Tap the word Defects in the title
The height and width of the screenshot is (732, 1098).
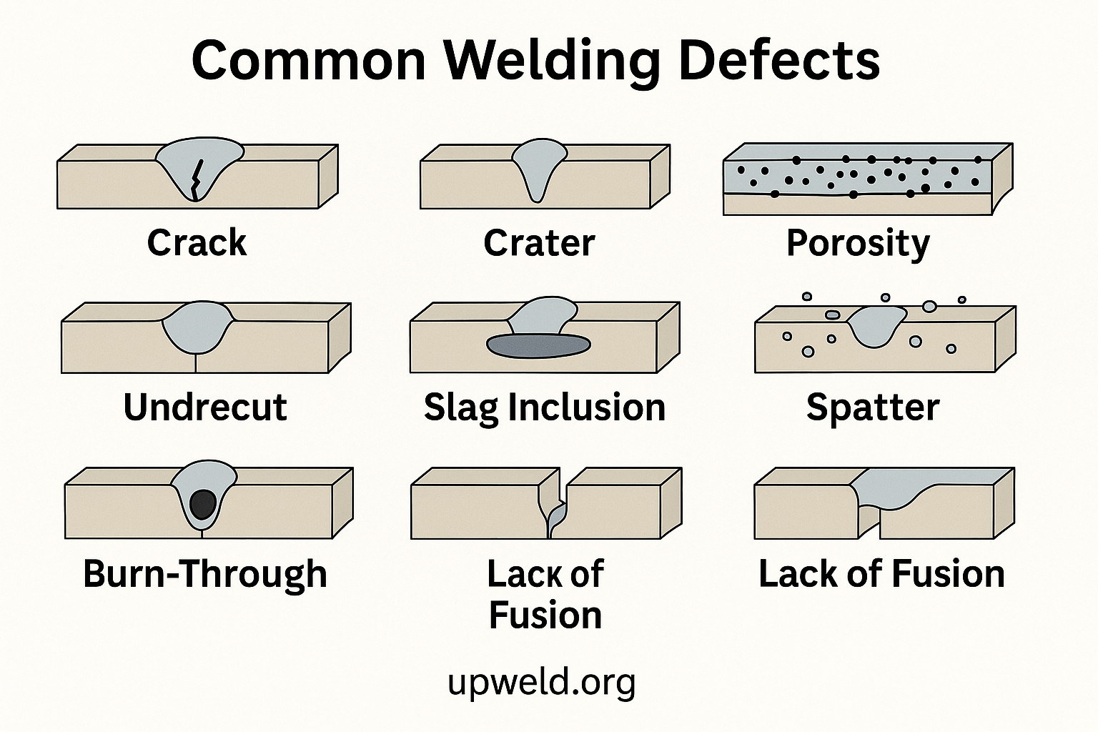(x=778, y=60)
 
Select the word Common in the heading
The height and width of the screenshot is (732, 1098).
(x=310, y=60)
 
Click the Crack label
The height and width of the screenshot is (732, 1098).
(x=197, y=242)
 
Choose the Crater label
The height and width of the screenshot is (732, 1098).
(x=539, y=242)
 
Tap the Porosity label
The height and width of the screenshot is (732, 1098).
(x=858, y=244)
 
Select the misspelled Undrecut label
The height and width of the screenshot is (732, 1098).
(x=205, y=407)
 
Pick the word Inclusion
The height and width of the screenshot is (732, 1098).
(x=587, y=407)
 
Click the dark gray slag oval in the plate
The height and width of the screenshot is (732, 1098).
(x=538, y=345)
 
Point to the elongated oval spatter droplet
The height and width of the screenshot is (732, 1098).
(x=833, y=315)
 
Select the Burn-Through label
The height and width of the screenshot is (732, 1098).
(x=205, y=574)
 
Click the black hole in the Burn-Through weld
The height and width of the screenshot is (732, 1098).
(x=203, y=504)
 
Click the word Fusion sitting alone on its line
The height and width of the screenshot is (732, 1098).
(x=545, y=615)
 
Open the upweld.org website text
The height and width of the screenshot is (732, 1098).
(x=541, y=682)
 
